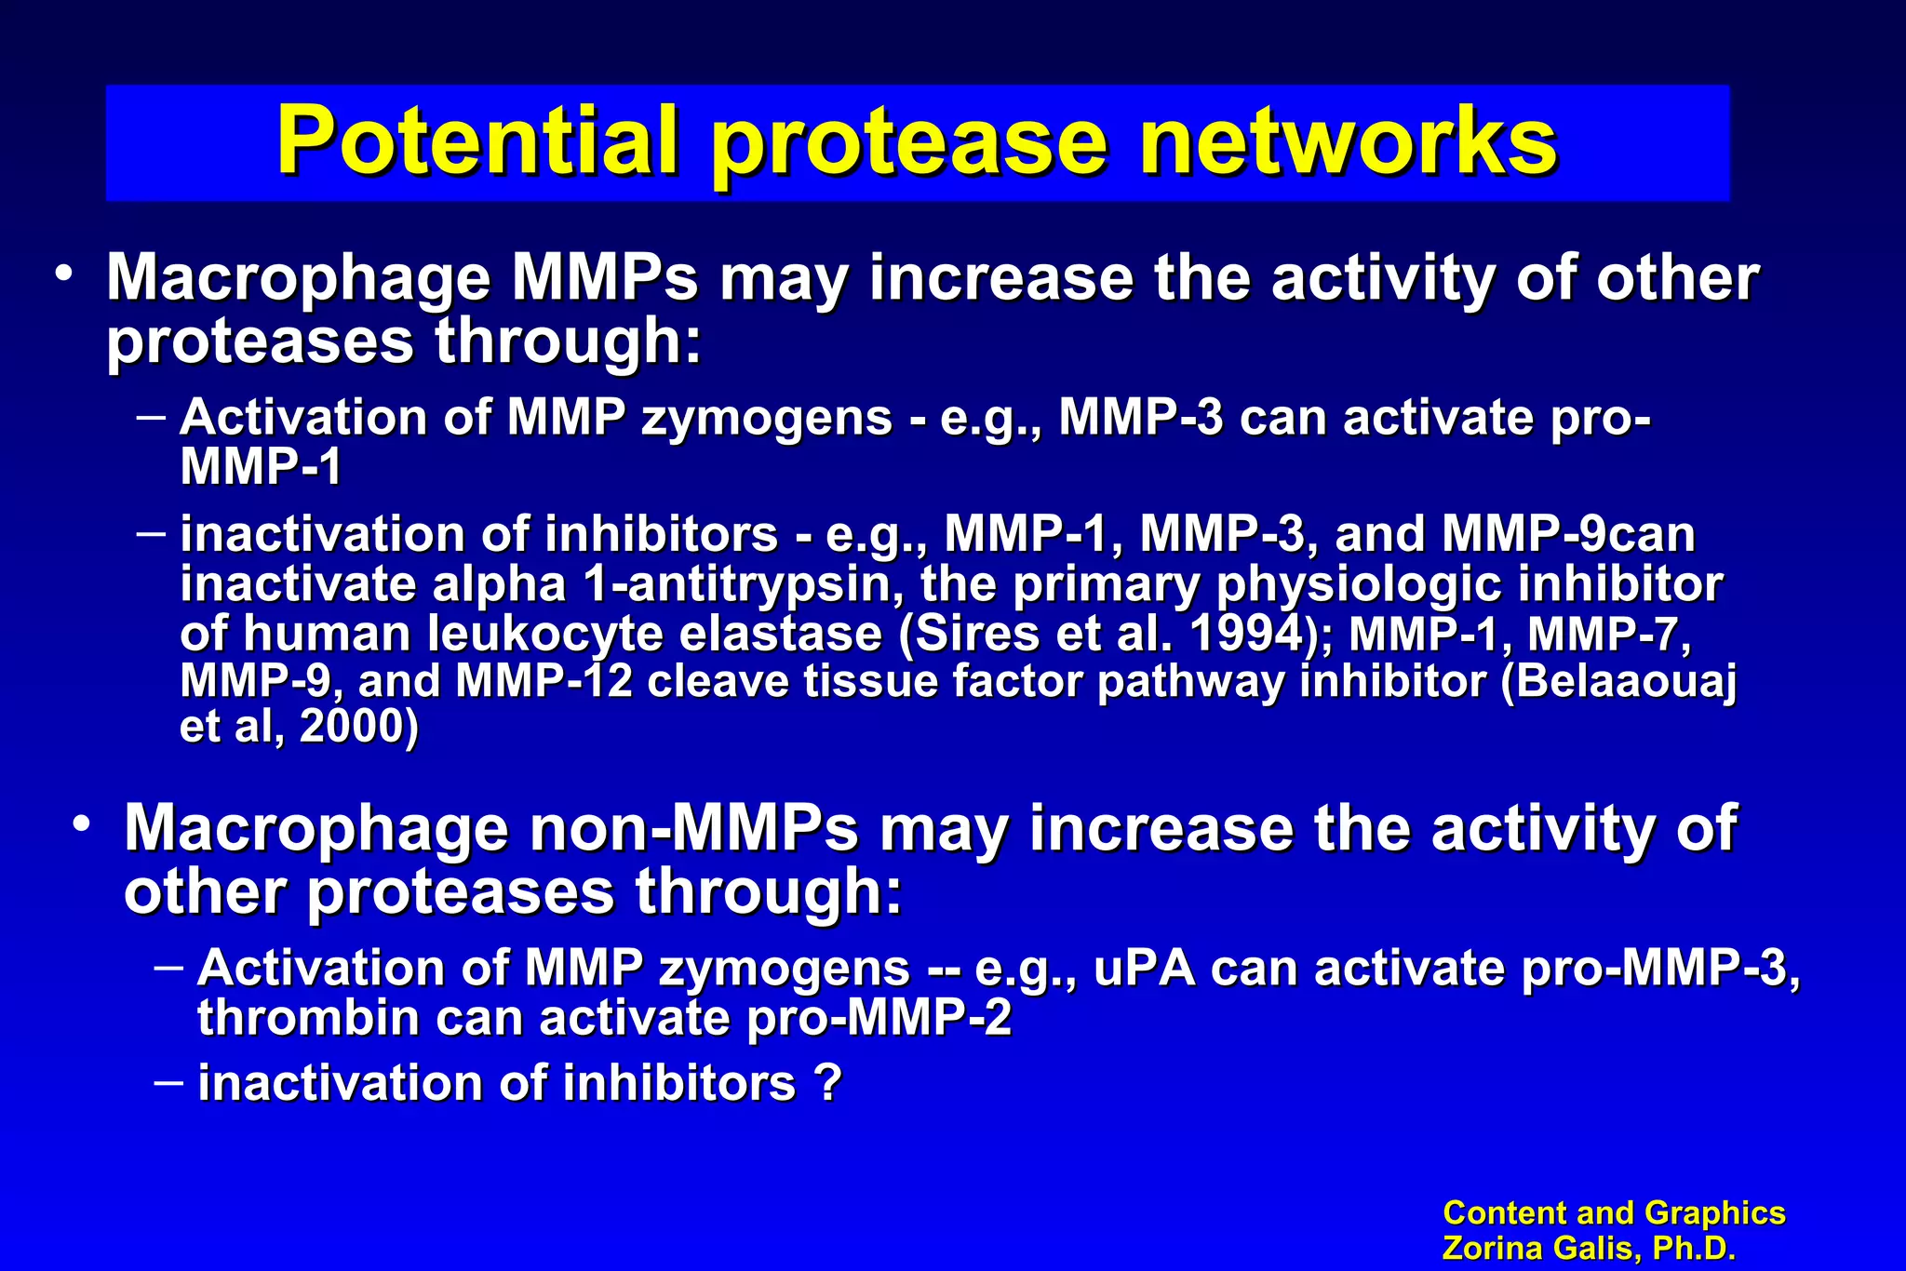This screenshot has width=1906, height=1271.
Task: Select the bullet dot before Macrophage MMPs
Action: click(x=63, y=274)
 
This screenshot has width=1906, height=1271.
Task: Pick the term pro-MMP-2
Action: click(x=879, y=1018)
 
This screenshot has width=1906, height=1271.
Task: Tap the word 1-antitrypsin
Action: click(x=745, y=585)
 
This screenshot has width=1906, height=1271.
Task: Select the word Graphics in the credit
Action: click(x=1714, y=1213)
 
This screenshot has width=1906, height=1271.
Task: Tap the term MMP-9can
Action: click(x=1568, y=535)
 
